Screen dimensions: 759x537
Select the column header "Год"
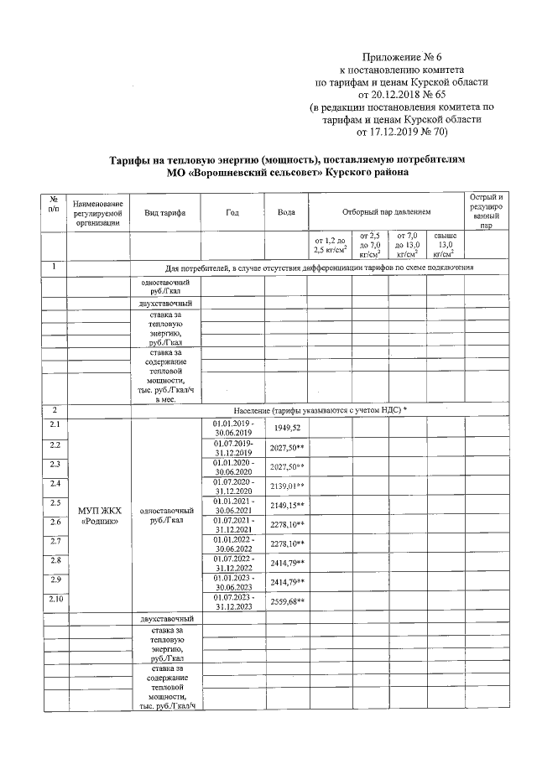232,213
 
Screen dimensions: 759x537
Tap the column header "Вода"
286,213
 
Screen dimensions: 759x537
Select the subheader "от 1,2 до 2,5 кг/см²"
329,245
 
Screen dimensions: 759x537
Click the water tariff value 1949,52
286,428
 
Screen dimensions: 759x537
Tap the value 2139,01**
287,486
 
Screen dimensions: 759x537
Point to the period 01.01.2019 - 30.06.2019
232,428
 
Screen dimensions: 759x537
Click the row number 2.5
55,502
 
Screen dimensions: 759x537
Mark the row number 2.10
55,599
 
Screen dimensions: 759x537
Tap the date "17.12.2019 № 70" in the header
404,132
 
